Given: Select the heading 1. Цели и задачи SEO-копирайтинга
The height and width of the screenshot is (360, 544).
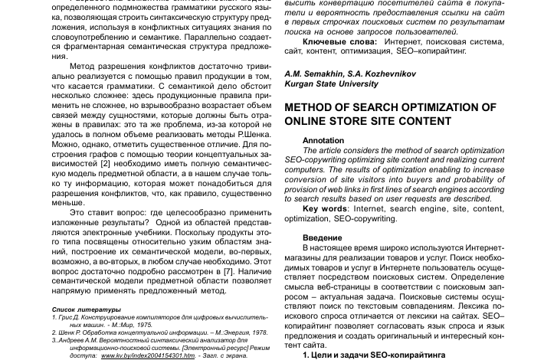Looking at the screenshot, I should pyautogui.click(x=373, y=355).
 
